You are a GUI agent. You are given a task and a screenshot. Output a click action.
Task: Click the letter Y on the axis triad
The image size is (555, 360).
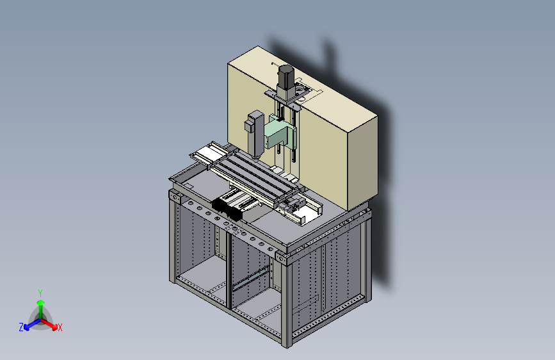point(40,293)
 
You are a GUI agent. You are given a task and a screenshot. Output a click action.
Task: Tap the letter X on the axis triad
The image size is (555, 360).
point(60,328)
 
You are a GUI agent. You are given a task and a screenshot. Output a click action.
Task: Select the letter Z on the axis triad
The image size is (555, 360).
point(21,327)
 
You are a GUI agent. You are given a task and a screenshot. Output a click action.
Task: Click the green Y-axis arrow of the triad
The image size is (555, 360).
point(41,309)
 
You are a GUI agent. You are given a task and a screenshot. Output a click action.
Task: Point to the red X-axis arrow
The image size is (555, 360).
point(49,324)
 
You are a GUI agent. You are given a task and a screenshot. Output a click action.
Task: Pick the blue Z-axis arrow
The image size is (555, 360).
point(32,324)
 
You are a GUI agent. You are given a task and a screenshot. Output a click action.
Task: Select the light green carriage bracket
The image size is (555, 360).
point(280,133)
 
